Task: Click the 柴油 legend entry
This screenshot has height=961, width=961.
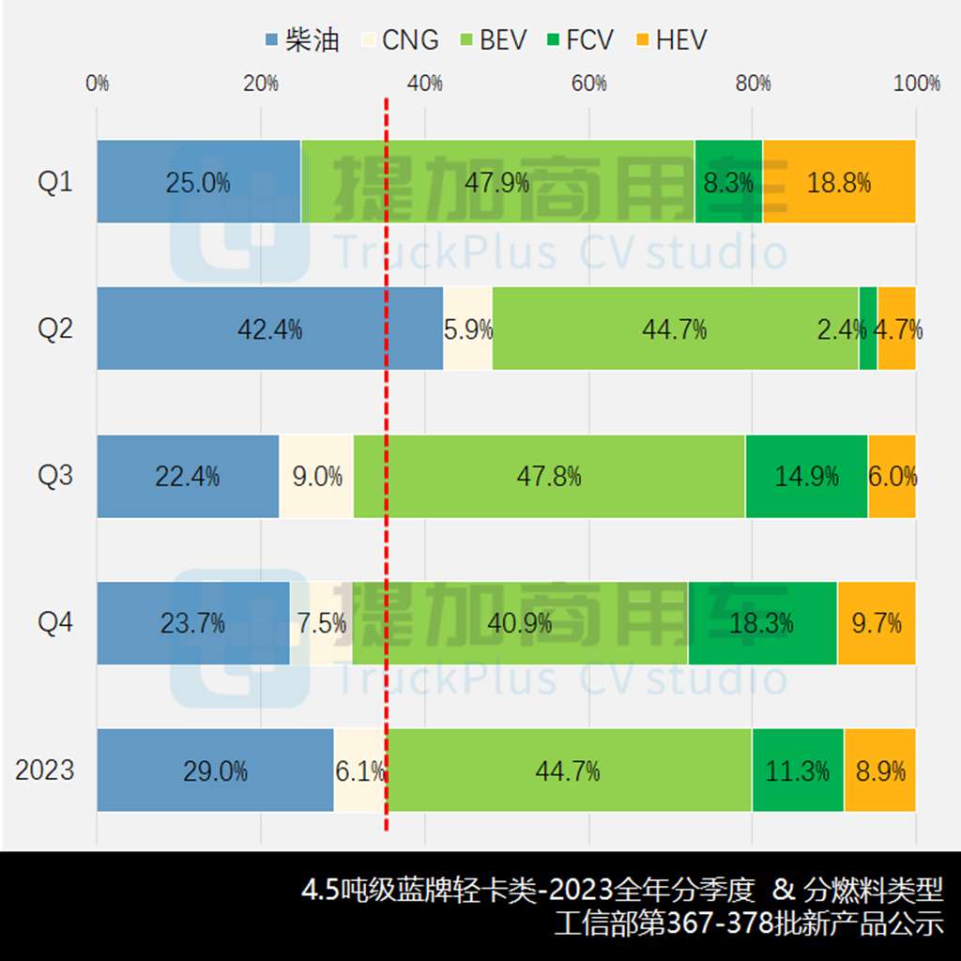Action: tap(302, 40)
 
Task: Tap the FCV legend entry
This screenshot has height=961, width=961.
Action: tap(579, 40)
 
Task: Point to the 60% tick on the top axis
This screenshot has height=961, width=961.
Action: tap(588, 84)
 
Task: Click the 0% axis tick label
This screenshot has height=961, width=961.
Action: tap(97, 84)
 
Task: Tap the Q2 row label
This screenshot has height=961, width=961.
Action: tap(55, 329)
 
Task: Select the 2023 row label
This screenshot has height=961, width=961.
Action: tap(45, 770)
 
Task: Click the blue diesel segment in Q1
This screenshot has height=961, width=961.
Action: tap(198, 182)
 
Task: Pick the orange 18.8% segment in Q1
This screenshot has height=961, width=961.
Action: tap(839, 182)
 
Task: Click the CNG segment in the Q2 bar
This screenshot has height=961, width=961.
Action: tap(467, 329)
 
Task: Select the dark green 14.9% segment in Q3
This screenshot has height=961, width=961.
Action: tap(806, 476)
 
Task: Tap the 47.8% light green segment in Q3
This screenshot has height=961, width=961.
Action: tap(549, 476)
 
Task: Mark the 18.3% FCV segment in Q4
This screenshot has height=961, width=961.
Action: tap(762, 623)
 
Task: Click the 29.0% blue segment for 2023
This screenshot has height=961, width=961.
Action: tap(215, 770)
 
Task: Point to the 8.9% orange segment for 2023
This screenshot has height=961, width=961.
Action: tap(880, 770)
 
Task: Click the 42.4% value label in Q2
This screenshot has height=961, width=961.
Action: tap(270, 329)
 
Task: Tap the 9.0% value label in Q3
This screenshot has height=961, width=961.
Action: tap(317, 477)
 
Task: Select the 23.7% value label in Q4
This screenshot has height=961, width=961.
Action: tap(193, 623)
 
